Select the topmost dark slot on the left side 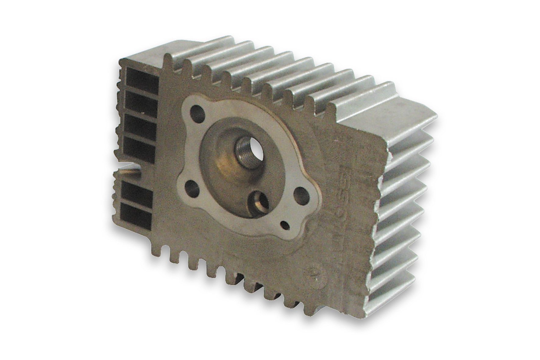[142, 77]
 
